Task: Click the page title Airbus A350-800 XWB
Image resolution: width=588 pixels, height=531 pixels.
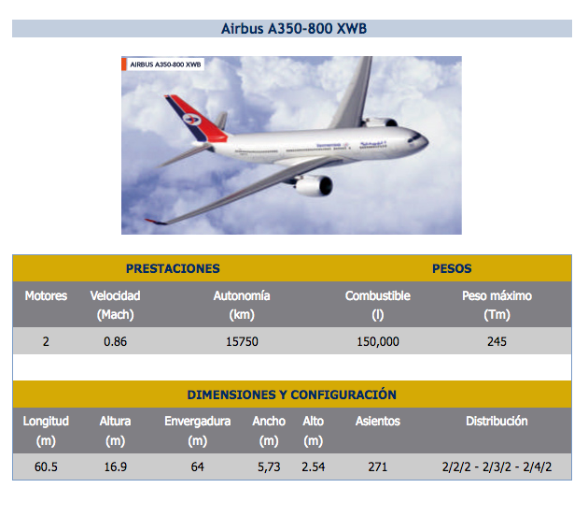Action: point(294,29)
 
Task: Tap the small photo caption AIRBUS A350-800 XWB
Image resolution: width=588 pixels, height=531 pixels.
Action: point(165,65)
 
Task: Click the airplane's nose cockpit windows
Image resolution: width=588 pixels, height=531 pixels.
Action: point(414,137)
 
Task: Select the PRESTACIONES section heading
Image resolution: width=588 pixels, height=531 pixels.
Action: point(173,268)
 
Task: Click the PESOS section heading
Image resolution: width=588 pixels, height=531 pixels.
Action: point(452,268)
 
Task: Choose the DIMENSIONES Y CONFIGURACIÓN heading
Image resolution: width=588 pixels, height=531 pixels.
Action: point(292,395)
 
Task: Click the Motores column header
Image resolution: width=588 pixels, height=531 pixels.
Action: point(46,296)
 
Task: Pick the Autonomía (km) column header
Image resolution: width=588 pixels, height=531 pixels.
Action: point(242,305)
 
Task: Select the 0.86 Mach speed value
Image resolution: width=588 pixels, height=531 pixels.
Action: point(115,341)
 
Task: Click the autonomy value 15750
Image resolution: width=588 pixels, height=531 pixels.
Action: point(242,341)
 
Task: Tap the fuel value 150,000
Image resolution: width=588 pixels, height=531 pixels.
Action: point(378,341)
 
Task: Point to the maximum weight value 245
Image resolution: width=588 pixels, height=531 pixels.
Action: point(497,341)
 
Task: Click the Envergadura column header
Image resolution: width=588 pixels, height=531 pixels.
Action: point(198,430)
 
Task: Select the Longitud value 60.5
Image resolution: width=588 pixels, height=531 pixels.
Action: point(46,466)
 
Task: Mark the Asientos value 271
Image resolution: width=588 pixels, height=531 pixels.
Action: point(378,466)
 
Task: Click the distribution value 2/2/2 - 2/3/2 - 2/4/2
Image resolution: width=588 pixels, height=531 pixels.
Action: point(497,466)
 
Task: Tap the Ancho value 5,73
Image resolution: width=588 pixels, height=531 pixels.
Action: point(269,466)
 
